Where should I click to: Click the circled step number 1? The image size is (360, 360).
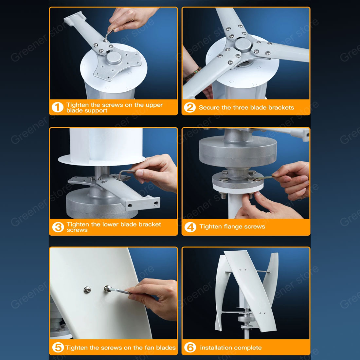57,107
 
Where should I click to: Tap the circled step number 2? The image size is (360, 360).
190,107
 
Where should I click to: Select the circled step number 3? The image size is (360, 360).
58,227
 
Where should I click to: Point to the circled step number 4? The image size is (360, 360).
190,227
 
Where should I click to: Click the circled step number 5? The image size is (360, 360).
58,347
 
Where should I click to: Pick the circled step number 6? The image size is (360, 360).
190,347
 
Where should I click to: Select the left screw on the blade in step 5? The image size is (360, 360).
87,290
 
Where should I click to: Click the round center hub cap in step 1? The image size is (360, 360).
114,58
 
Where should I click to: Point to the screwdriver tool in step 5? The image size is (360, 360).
117,290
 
